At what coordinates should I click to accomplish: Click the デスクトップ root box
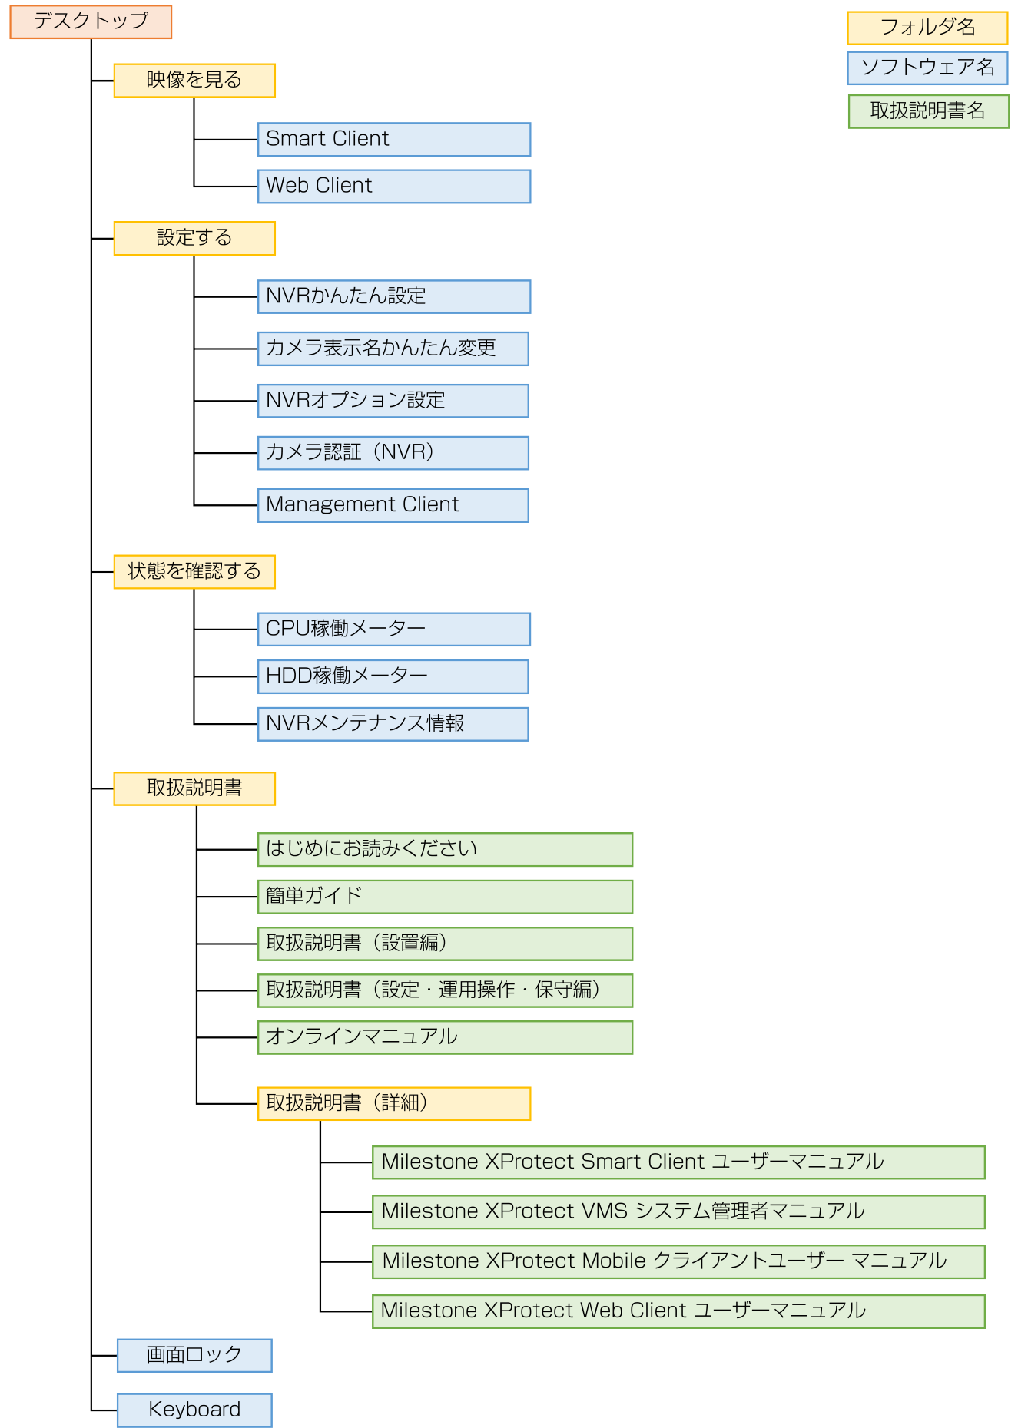click(x=91, y=21)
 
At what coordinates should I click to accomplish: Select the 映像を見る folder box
click(x=194, y=81)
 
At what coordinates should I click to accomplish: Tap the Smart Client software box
click(x=393, y=140)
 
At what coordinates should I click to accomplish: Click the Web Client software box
click(x=393, y=187)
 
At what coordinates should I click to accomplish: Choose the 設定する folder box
click(x=194, y=238)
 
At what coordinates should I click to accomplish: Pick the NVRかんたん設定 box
click(x=393, y=296)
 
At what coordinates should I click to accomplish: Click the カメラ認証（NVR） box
click(x=393, y=453)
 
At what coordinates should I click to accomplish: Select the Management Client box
click(x=393, y=505)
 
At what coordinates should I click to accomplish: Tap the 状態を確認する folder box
click(x=194, y=572)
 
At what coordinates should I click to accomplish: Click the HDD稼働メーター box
click(x=393, y=676)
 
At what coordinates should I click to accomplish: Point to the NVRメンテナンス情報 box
click(x=393, y=724)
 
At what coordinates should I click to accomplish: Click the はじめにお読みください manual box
click(x=445, y=849)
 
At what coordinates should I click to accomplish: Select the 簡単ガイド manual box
click(x=445, y=897)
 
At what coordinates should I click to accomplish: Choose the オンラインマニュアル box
click(x=445, y=1037)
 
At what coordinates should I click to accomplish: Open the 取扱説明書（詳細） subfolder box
click(x=393, y=1103)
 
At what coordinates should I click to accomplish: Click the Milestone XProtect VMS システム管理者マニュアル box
click(x=678, y=1211)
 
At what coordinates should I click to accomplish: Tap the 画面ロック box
click(x=194, y=1355)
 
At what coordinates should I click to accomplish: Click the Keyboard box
click(x=194, y=1410)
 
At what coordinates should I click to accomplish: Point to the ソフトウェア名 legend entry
click(x=927, y=68)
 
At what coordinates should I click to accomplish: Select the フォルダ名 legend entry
click(x=927, y=28)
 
